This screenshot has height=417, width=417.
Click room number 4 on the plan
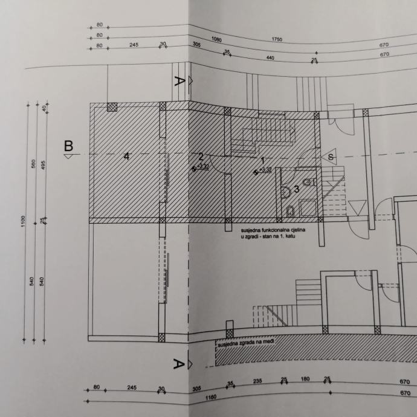(x=126, y=157)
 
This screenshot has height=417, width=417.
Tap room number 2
(x=202, y=156)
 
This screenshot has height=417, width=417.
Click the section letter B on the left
(x=69, y=146)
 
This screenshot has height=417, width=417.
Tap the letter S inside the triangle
(x=331, y=157)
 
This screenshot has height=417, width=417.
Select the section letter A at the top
(x=178, y=83)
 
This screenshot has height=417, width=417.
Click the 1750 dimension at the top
(x=277, y=39)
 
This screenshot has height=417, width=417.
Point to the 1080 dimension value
(x=216, y=39)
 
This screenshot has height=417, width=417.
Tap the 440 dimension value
(x=270, y=57)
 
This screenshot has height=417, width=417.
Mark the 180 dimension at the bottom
(x=305, y=380)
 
